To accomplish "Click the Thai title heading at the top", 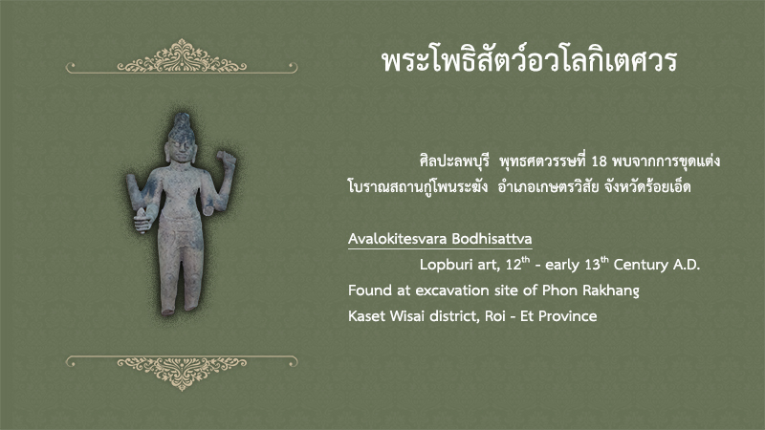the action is coord(529,61).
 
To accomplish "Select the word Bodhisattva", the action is coord(492,239).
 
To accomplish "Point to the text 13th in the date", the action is coord(597,264).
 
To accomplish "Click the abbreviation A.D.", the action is coord(687,265).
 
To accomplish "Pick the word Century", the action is coord(641,265).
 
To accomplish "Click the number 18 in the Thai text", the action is coord(599,161).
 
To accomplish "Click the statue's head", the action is coord(181,138).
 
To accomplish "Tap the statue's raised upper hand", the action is coord(226,159).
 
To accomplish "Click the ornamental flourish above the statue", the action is coord(182,58).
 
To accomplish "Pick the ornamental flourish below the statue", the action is coord(182,372).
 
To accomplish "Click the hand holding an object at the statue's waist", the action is coord(142,220).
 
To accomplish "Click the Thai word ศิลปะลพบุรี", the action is coord(453,161).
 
